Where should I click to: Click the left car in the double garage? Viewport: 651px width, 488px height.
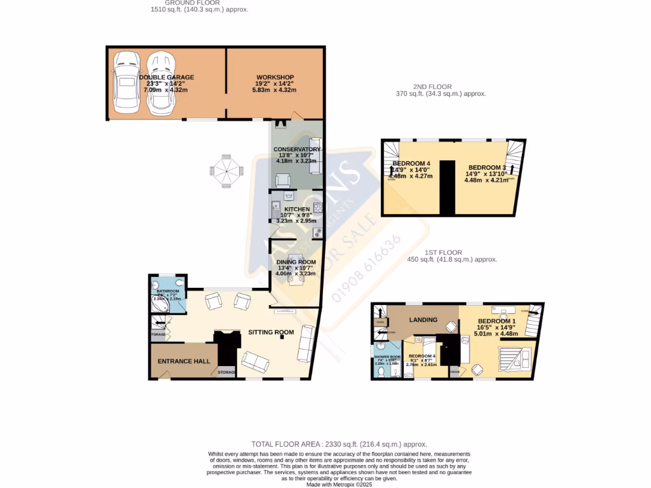[125, 83]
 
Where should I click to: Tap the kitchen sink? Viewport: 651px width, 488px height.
[276, 207]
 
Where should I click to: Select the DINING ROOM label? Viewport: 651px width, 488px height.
[296, 262]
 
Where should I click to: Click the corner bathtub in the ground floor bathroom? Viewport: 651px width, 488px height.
[160, 305]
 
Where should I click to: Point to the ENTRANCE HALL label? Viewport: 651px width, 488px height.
[184, 361]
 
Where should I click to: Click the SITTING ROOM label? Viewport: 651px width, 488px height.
[271, 332]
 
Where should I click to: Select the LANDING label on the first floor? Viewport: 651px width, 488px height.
[423, 319]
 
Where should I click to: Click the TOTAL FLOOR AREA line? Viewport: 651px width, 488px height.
[339, 444]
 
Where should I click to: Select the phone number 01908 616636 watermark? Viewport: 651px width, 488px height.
[369, 268]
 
